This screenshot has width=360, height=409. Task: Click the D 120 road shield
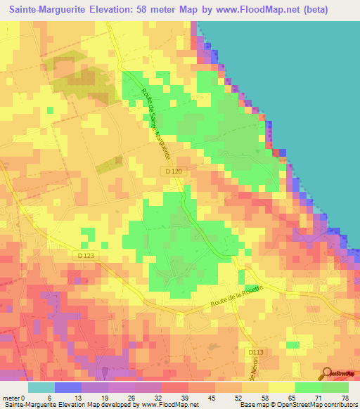pyautogui.click(x=168, y=171)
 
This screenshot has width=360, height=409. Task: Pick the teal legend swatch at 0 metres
pyautogui.click(x=41, y=387)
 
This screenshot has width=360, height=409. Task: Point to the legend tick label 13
pyautogui.click(x=68, y=397)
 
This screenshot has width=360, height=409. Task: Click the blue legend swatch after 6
pyautogui.click(x=68, y=387)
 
